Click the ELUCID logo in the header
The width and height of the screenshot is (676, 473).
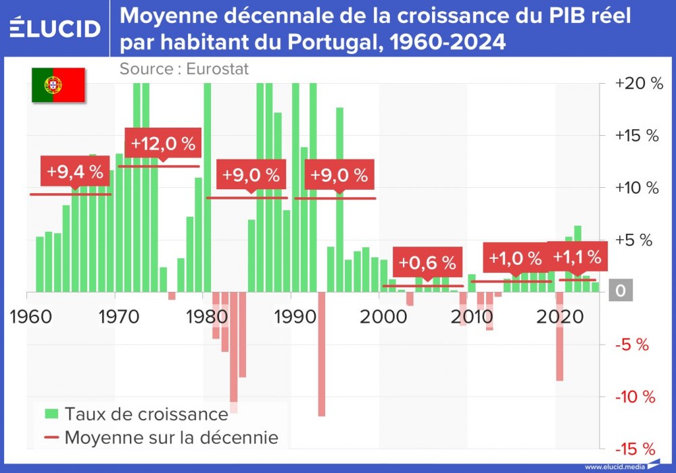pyautogui.click(x=55, y=28)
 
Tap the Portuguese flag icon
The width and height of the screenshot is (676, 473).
pyautogui.click(x=58, y=84)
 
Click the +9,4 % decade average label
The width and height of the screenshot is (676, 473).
pyautogui.click(x=75, y=172)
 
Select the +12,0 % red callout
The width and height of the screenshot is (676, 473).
pyautogui.click(x=163, y=143)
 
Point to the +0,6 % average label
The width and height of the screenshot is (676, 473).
pyautogui.click(x=427, y=262)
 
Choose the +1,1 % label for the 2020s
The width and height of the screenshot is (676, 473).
pyautogui.click(x=577, y=257)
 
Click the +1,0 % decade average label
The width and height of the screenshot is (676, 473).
pyautogui.click(x=515, y=258)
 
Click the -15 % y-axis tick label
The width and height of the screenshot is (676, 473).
pyautogui.click(x=635, y=449)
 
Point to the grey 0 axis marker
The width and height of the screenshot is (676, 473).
pyautogui.click(x=620, y=292)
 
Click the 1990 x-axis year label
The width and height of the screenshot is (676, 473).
pyautogui.click(x=292, y=317)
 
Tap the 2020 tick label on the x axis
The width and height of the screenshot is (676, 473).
pyautogui.click(x=558, y=317)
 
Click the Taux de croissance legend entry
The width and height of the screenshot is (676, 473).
pyautogui.click(x=137, y=413)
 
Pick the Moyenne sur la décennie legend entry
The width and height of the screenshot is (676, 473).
pyautogui.click(x=162, y=437)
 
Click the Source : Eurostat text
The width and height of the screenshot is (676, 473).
pyautogui.click(x=184, y=68)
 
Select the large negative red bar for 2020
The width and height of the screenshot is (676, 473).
pyautogui.click(x=560, y=337)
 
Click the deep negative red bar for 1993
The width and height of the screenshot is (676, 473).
pyautogui.click(x=322, y=354)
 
